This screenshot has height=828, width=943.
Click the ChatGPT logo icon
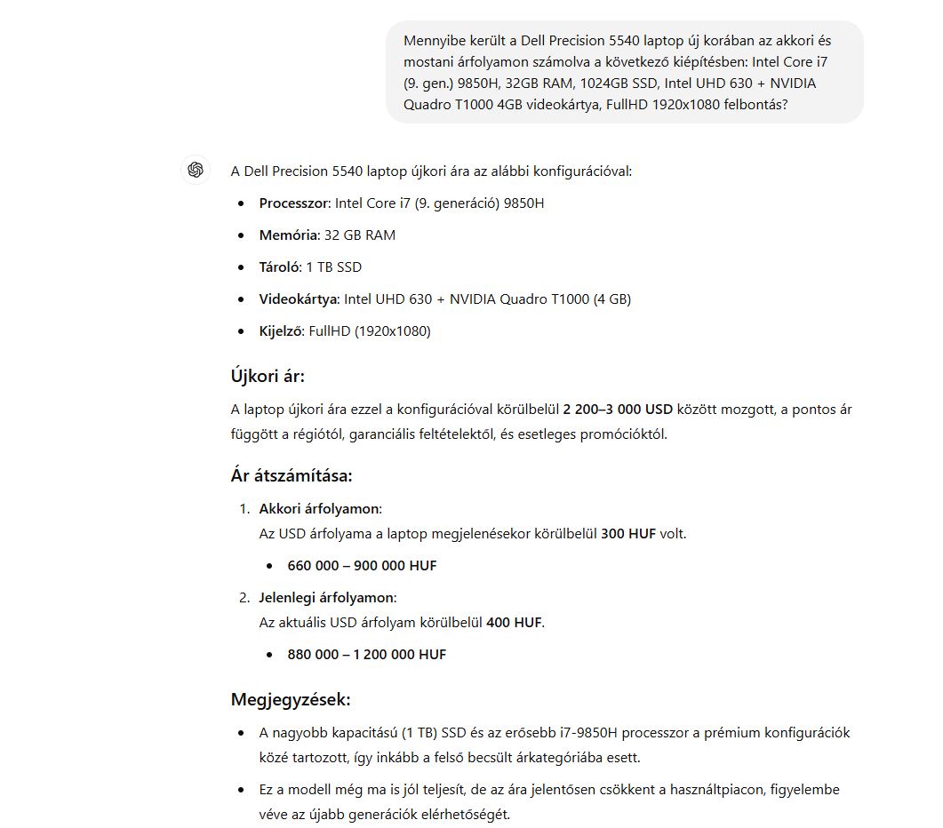(196, 170)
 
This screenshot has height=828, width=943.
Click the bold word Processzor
(293, 203)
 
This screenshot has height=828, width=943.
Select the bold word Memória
(288, 235)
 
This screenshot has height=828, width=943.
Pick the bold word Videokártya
(298, 299)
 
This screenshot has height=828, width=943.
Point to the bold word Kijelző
(281, 331)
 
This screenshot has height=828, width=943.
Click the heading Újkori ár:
(267, 376)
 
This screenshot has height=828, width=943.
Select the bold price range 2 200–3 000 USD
(618, 410)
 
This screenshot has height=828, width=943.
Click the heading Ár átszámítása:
(291, 475)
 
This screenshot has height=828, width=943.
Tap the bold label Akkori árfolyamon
(319, 509)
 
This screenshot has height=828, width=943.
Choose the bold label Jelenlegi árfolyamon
(326, 598)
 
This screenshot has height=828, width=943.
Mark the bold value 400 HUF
(514, 623)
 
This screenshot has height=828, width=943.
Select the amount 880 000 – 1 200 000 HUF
(366, 655)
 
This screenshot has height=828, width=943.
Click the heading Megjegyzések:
(290, 699)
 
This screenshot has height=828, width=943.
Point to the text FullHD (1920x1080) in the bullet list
(369, 331)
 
